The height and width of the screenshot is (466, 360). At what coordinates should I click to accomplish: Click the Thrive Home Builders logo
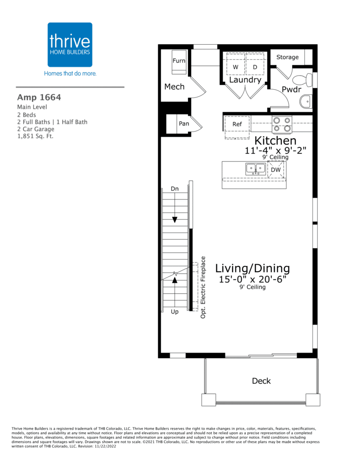(x=70, y=45)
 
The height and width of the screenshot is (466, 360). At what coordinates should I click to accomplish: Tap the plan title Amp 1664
(x=39, y=97)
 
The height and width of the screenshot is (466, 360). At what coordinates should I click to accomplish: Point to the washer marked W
(x=235, y=67)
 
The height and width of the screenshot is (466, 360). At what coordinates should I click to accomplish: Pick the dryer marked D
(x=255, y=67)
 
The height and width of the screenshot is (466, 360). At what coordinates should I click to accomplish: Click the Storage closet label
(x=288, y=57)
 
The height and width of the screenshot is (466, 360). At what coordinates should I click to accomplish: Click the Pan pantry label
(x=184, y=124)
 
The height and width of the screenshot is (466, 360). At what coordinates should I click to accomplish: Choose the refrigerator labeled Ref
(x=237, y=124)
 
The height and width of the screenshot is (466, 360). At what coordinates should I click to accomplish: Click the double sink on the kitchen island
(x=256, y=169)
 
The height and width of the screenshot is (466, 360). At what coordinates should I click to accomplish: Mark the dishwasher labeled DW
(x=276, y=170)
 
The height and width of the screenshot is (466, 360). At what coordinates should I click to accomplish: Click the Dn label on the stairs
(x=175, y=188)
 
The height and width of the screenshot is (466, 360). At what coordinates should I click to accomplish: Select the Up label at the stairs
(x=175, y=312)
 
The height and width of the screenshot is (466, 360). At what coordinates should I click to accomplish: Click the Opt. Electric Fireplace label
(x=203, y=286)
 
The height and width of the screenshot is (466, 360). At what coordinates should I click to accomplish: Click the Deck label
(x=261, y=381)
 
